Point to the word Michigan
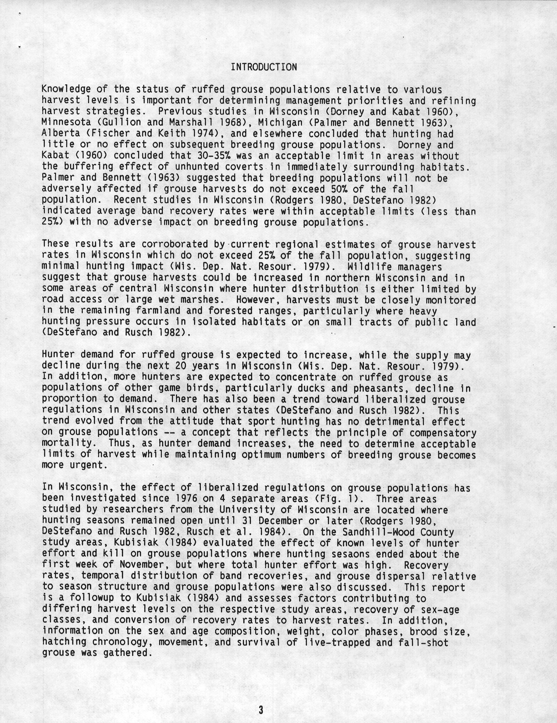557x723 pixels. (280, 123)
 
